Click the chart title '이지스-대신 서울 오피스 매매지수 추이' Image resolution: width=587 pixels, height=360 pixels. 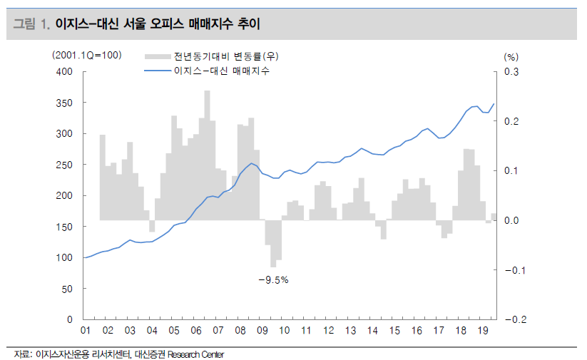point(158,25)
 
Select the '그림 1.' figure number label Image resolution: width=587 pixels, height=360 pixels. point(31,25)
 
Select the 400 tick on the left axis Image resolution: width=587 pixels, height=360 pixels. point(64,71)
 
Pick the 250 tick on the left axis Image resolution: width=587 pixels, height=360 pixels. point(64,165)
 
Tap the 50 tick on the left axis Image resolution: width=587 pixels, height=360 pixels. point(67,289)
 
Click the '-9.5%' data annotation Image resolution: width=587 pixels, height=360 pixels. point(272,279)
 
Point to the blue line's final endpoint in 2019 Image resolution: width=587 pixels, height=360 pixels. point(494,104)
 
